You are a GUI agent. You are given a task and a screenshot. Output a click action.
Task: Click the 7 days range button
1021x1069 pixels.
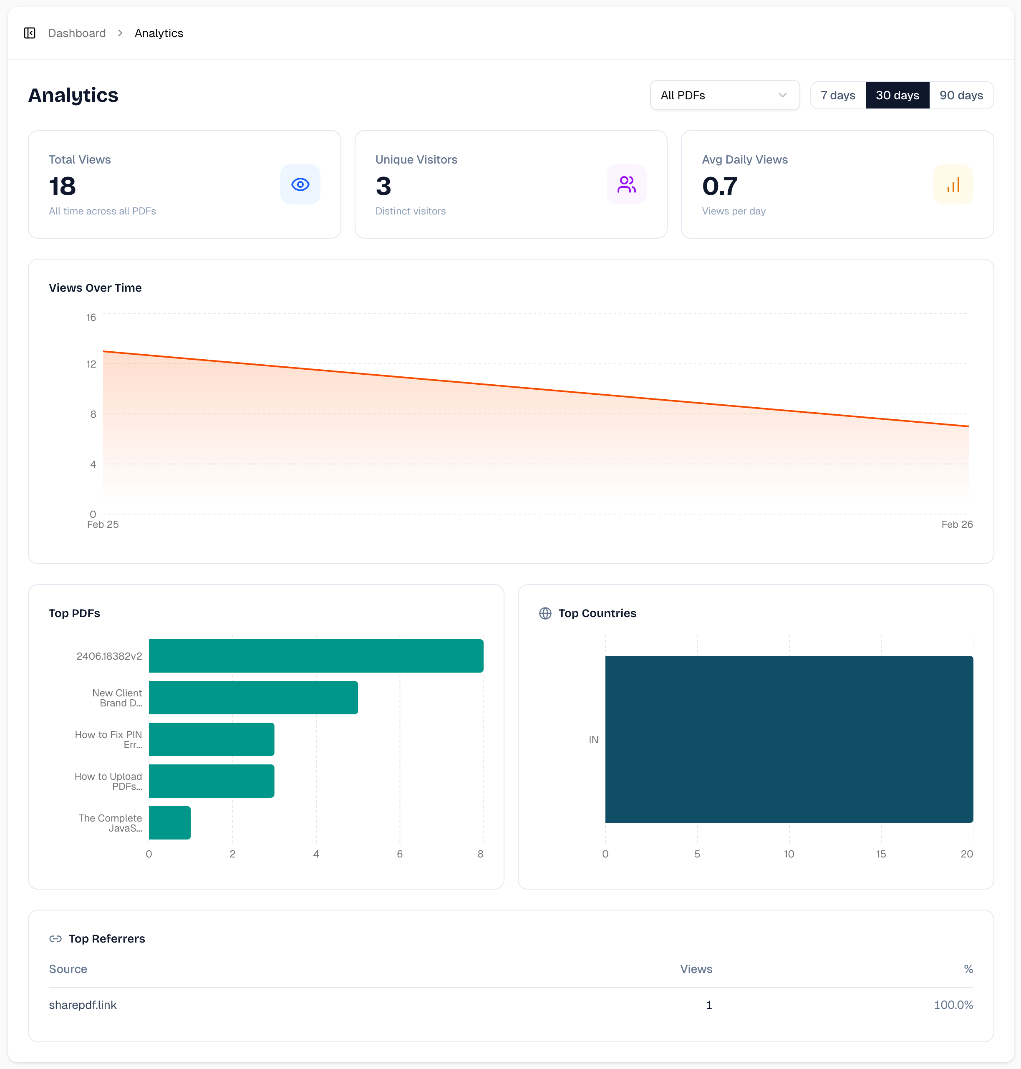click(837, 95)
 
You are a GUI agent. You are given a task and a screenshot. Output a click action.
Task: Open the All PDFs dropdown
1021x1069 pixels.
click(724, 95)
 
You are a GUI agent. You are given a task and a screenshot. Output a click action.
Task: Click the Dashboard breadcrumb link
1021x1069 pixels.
click(77, 33)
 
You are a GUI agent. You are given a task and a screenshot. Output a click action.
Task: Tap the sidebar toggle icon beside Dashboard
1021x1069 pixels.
click(30, 33)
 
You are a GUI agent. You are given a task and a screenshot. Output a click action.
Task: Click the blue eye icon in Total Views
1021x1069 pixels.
click(300, 184)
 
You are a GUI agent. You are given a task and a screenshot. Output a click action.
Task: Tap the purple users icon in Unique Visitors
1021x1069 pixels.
click(626, 184)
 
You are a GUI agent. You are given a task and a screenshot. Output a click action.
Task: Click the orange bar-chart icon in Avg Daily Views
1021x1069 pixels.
click(953, 184)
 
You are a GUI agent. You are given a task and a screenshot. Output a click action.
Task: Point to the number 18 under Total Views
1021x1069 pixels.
click(63, 186)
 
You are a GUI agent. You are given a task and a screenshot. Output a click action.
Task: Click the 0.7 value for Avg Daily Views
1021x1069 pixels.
click(719, 186)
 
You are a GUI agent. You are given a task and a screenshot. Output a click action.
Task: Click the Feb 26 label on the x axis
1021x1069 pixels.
click(957, 524)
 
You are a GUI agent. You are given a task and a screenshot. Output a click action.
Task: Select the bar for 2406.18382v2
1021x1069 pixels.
click(316, 656)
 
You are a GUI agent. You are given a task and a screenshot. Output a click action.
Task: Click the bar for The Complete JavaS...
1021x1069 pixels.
click(169, 822)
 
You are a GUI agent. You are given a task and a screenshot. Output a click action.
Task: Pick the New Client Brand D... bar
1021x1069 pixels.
click(253, 697)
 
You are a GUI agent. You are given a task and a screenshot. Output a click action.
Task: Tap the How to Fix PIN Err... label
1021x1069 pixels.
click(109, 739)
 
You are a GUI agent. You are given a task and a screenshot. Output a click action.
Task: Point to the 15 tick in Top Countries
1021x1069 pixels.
click(880, 853)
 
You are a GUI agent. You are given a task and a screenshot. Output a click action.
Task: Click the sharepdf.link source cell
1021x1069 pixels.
click(83, 1005)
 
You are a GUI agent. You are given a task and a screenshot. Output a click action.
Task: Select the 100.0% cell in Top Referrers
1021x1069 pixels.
click(953, 1005)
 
